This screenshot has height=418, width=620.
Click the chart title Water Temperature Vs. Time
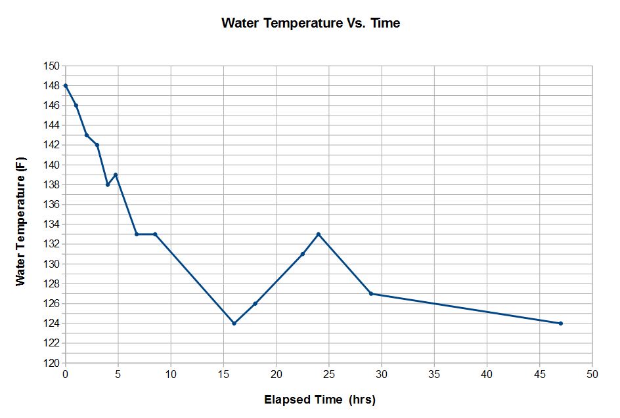pyautogui.click(x=311, y=23)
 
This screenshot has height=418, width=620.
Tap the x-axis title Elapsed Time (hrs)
pyautogui.click(x=319, y=399)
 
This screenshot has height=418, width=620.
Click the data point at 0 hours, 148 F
pyautogui.click(x=66, y=85)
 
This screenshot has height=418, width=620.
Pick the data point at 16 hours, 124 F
pyautogui.click(x=234, y=323)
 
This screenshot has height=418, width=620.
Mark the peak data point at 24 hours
pyautogui.click(x=318, y=234)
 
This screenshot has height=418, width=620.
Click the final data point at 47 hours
pyautogui.click(x=560, y=323)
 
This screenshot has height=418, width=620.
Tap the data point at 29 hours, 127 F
pyautogui.click(x=371, y=293)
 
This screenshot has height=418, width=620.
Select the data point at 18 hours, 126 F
pyautogui.click(x=255, y=303)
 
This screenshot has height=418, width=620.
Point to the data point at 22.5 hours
pyautogui.click(x=302, y=254)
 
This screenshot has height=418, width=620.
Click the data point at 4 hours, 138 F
pyautogui.click(x=108, y=184)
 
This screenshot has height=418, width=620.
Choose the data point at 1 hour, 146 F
pyautogui.click(x=76, y=105)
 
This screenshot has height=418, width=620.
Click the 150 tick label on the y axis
pyautogui.click(x=52, y=66)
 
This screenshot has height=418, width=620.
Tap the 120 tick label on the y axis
pyautogui.click(x=52, y=363)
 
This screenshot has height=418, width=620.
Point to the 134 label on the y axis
pyautogui.click(x=52, y=224)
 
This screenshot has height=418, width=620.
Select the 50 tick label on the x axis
pyautogui.click(x=592, y=373)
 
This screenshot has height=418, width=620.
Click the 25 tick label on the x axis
pyautogui.click(x=328, y=373)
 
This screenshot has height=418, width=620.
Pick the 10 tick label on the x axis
pyautogui.click(x=171, y=373)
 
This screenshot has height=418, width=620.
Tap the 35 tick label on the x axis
pyautogui.click(x=434, y=373)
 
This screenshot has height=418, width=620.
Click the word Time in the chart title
pyautogui.click(x=385, y=23)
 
